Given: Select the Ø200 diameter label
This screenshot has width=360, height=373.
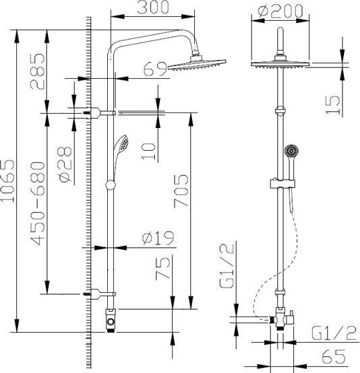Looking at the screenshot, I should tap(279, 11).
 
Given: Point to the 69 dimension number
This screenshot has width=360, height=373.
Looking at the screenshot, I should tap(154, 69).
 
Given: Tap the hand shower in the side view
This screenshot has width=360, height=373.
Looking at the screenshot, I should tap(121, 144).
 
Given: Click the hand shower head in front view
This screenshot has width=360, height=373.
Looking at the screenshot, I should tap(291, 151).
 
